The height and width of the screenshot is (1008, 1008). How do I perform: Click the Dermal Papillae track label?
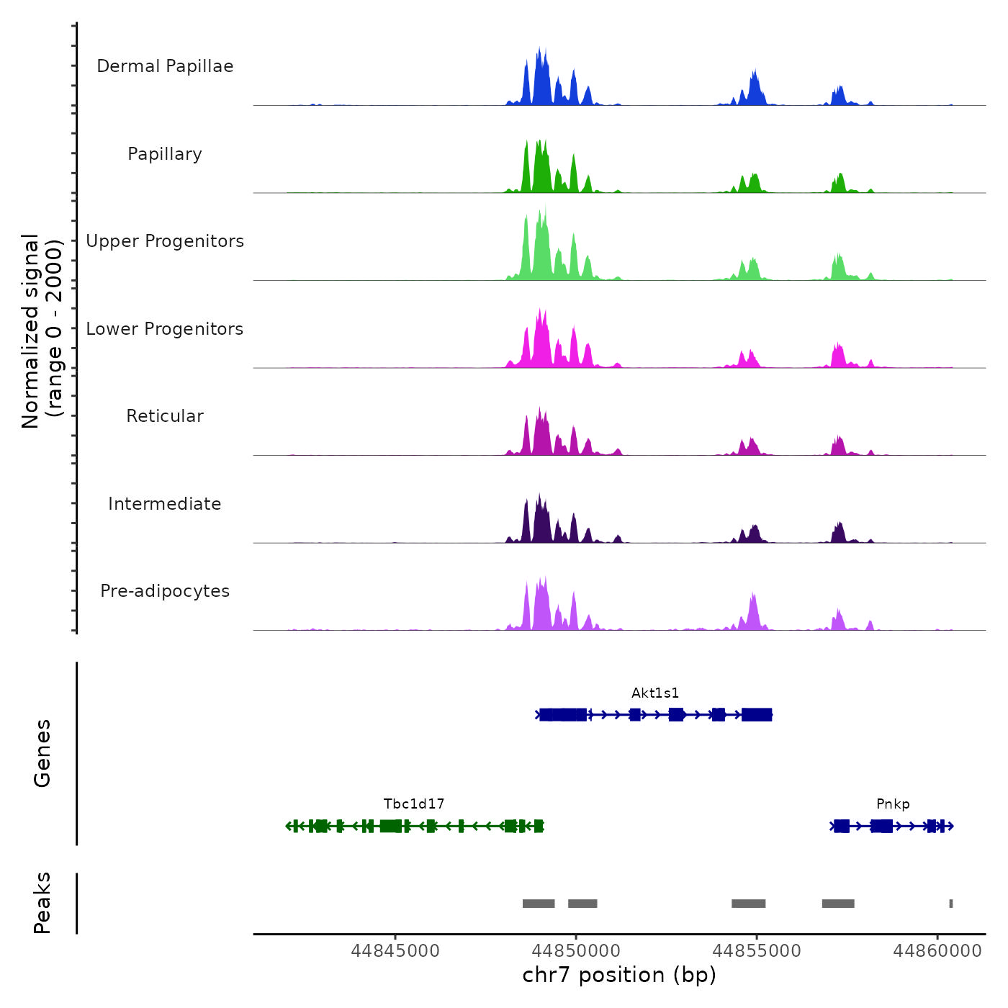tap(165, 66)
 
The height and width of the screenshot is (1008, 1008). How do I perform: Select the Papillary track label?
tap(165, 154)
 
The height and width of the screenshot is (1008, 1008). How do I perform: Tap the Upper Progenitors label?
tap(165, 241)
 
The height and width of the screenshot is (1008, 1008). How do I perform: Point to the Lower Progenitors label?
tap(165, 329)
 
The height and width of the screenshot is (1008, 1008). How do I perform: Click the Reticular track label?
tap(165, 416)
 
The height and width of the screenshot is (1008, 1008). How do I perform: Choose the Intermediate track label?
tap(165, 504)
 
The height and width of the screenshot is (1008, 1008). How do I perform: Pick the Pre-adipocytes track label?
tap(165, 591)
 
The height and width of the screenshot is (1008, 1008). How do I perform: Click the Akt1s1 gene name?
tap(655, 693)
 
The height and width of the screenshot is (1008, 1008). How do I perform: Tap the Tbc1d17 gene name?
tap(414, 804)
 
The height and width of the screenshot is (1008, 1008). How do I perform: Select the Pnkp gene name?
tap(893, 804)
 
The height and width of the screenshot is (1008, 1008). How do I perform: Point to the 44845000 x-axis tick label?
tap(395, 951)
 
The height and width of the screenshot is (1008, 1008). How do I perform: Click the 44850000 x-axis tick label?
tap(576, 951)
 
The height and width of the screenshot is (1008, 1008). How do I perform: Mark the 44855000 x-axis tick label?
tap(757, 951)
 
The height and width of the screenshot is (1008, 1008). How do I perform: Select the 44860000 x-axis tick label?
tap(937, 951)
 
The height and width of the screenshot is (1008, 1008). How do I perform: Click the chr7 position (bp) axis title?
tap(619, 975)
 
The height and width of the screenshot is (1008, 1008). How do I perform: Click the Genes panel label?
tap(42, 753)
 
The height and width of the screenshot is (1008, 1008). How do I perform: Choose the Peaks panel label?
tap(42, 903)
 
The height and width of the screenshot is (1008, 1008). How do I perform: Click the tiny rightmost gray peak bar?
tap(951, 904)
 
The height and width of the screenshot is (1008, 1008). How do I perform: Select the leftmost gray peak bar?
tap(539, 904)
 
